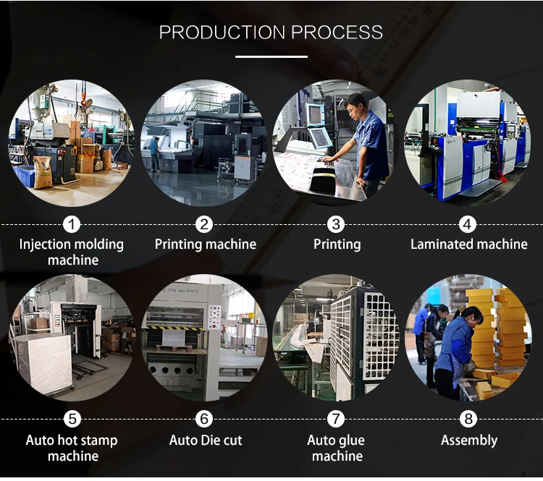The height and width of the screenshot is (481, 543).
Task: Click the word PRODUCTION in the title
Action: point(222,33)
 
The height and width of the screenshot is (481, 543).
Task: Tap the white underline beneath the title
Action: point(271,56)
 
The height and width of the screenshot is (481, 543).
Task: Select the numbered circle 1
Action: point(71,224)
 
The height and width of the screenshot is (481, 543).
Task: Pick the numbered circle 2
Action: point(205,224)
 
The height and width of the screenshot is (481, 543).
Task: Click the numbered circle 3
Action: point(337,224)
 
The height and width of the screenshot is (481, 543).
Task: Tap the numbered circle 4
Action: point(469,224)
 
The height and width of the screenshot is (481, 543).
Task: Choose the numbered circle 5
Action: point(71,420)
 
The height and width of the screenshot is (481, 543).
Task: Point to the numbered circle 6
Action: point(205,420)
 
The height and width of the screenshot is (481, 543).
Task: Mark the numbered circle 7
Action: point(337,420)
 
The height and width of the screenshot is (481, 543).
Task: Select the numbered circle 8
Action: point(469,420)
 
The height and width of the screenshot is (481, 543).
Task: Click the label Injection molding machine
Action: point(71,252)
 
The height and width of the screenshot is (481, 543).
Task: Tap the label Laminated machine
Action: point(469,244)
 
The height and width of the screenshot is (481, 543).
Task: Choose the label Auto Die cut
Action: point(206,440)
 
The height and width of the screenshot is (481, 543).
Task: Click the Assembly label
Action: point(469,440)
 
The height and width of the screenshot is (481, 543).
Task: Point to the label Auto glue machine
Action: point(337,448)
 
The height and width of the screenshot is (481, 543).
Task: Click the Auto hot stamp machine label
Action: point(71,448)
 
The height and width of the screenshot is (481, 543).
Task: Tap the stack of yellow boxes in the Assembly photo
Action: point(500,325)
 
